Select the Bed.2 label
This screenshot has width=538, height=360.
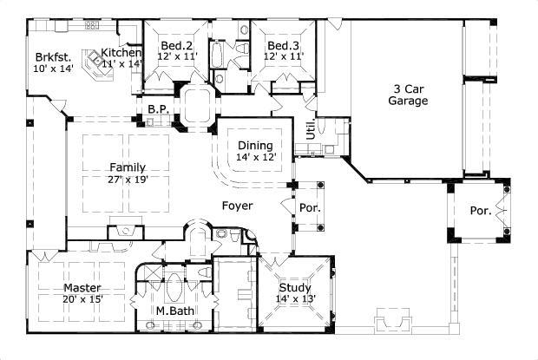click(x=178, y=45)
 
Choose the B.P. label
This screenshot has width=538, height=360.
click(x=157, y=109)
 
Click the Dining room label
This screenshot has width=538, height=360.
click(x=254, y=145)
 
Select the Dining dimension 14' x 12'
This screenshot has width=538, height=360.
click(x=254, y=157)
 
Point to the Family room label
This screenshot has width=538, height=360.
click(x=127, y=167)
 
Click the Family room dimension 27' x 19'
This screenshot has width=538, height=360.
click(x=127, y=180)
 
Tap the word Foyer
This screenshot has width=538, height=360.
click(x=237, y=206)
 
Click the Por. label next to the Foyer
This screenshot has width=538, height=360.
click(x=310, y=209)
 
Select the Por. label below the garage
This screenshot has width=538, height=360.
click(x=480, y=211)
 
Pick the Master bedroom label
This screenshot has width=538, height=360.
click(x=82, y=288)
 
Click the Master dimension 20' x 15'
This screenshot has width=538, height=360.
click(x=82, y=300)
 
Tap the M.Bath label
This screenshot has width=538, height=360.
click(x=174, y=311)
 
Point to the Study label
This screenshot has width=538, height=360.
click(x=295, y=288)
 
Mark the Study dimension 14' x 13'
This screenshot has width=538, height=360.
click(x=295, y=300)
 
